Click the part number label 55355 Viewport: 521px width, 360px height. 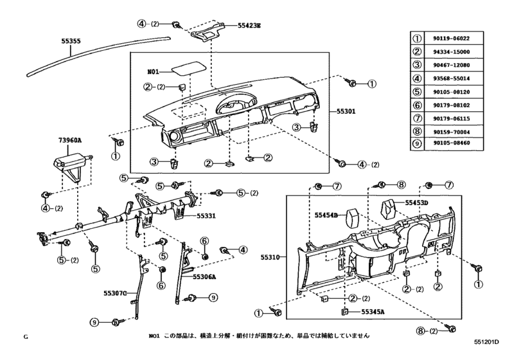click(x=71, y=41)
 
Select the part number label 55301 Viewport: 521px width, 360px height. click(x=348, y=111)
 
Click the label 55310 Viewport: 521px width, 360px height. click(x=270, y=257)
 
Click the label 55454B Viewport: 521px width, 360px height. click(x=326, y=215)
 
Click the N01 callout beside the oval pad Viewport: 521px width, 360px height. click(x=154, y=72)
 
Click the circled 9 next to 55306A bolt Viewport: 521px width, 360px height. click(x=213, y=297)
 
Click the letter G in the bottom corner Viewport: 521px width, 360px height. click(x=26, y=337)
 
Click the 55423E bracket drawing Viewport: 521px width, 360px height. click(x=207, y=31)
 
